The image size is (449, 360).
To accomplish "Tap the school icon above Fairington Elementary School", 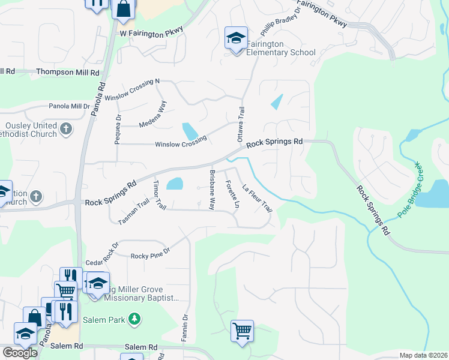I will click(x=236, y=38).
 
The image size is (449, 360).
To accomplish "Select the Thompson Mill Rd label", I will click(x=68, y=72).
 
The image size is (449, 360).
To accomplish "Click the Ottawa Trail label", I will click(x=241, y=120).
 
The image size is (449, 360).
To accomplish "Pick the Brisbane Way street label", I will click(x=211, y=189).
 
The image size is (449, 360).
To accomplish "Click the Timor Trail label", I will click(x=159, y=194).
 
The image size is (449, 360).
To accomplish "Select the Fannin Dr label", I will click(x=185, y=328).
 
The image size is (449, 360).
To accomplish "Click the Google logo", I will click(x=20, y=353).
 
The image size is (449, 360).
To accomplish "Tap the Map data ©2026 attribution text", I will click(x=424, y=356).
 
